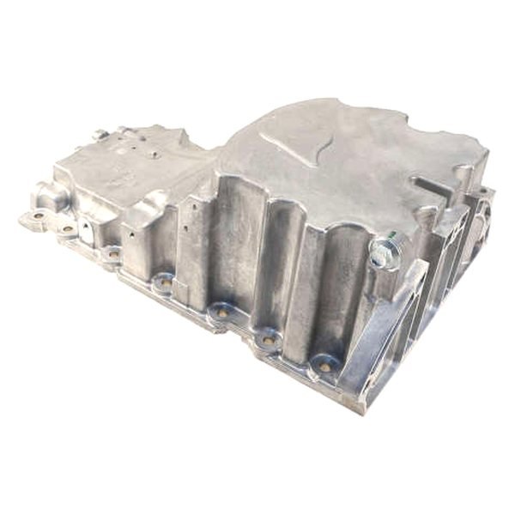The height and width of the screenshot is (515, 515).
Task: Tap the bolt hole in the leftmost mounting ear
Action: click(37, 215)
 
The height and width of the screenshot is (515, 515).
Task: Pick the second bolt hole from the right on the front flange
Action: click(269, 341)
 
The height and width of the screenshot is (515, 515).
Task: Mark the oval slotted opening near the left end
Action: click(86, 231)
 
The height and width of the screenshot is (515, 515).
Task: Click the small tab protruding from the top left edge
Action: click(101, 135)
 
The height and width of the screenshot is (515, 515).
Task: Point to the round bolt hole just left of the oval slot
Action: click(67, 229)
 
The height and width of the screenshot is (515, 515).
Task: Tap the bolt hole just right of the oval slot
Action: click(112, 253)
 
